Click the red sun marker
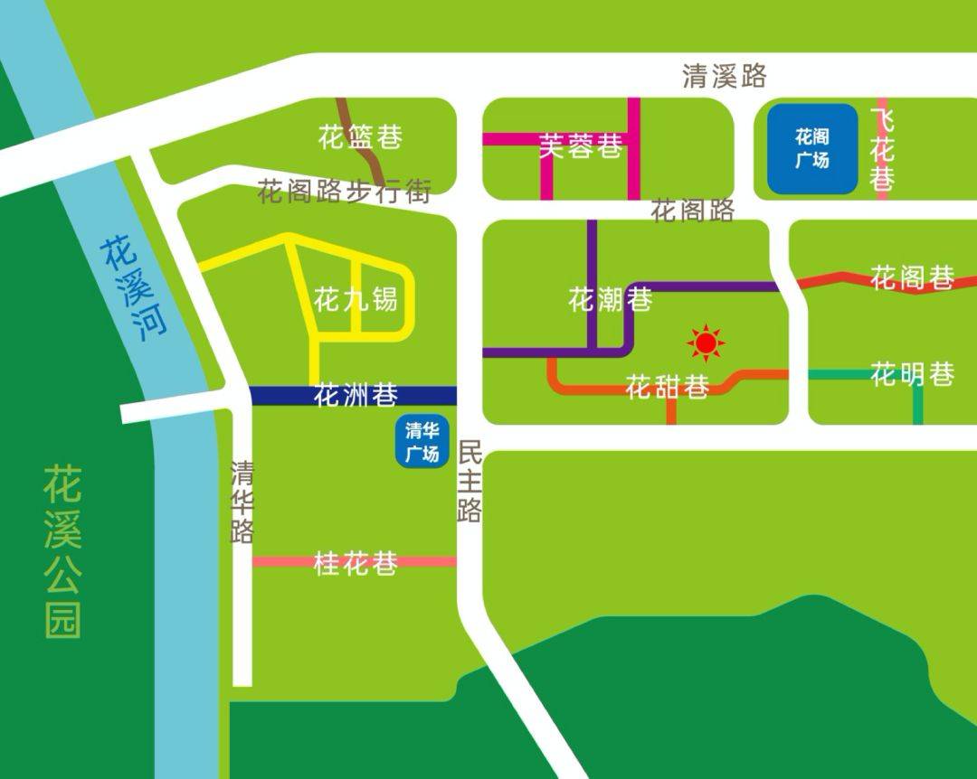[706, 343]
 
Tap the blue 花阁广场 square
[811, 149]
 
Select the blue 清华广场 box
[422, 442]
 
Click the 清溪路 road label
[724, 76]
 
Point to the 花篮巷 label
[360, 137]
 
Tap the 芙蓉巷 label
[581, 145]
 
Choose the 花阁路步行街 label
[344, 191]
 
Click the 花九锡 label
[356, 298]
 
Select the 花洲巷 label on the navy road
[356, 395]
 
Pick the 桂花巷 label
[356, 564]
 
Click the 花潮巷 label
[610, 299]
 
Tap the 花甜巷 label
[667, 388]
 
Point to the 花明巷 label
[912, 373]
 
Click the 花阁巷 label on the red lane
[912, 277]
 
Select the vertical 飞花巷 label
[883, 149]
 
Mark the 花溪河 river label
[134, 287]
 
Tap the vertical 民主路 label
[469, 481]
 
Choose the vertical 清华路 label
[242, 502]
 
